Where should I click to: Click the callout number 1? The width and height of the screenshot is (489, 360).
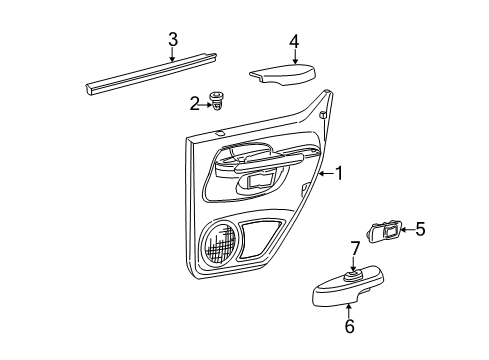[339, 173]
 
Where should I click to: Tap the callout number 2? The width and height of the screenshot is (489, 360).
[194, 104]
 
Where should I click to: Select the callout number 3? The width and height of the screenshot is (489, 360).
[173, 40]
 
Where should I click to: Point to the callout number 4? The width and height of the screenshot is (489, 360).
[294, 42]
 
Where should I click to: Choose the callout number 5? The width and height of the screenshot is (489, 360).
[420, 229]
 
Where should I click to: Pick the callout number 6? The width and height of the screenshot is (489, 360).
[349, 326]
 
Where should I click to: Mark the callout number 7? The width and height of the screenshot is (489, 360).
[355, 249]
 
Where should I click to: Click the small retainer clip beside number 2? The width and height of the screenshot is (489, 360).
[216, 101]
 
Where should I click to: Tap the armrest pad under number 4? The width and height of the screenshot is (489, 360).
[283, 74]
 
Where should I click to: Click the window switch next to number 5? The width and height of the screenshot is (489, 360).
[384, 231]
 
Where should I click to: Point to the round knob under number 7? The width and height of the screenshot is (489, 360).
[352, 276]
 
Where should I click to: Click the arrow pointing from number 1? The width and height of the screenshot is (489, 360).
[326, 173]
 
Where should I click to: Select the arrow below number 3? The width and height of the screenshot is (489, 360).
[172, 54]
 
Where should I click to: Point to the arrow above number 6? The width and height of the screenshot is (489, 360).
[349, 311]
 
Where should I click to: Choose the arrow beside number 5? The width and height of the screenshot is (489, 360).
[407, 229]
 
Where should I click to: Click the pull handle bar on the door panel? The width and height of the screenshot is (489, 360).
[269, 162]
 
